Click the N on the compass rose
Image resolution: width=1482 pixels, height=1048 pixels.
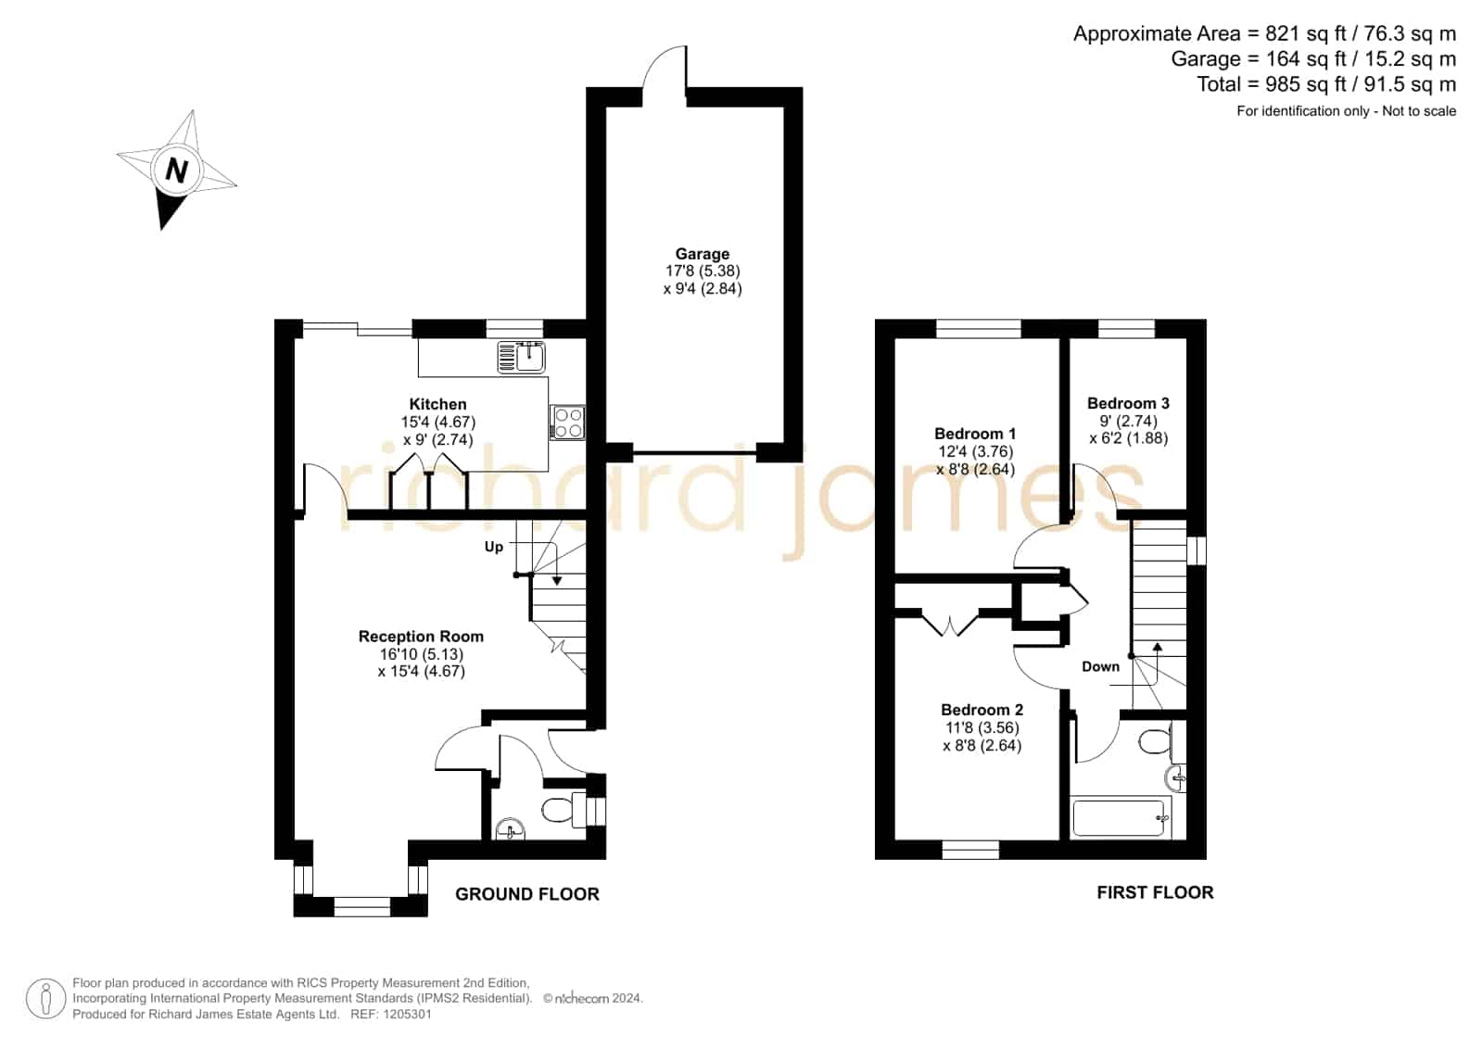pyautogui.click(x=176, y=170)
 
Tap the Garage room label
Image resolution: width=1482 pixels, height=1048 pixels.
pyautogui.click(x=702, y=254)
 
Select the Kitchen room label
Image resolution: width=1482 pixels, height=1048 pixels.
pyautogui.click(x=437, y=404)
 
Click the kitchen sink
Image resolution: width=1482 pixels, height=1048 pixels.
pyautogui.click(x=522, y=358)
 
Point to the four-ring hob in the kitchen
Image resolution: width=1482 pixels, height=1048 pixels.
pyautogui.click(x=567, y=423)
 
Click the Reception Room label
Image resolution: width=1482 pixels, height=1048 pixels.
pyautogui.click(x=421, y=637)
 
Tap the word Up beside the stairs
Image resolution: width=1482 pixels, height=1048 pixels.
pyautogui.click(x=494, y=547)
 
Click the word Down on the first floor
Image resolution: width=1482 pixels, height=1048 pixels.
pyautogui.click(x=1100, y=667)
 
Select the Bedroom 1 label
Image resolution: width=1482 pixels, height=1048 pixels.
pyautogui.click(x=974, y=434)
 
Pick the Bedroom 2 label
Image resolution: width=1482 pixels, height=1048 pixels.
pyautogui.click(x=982, y=710)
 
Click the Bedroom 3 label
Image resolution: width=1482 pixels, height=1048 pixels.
pyautogui.click(x=1128, y=403)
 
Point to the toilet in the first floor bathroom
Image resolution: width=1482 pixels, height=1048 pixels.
pyautogui.click(x=1162, y=741)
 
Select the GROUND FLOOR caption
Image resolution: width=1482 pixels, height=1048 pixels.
pyautogui.click(x=527, y=894)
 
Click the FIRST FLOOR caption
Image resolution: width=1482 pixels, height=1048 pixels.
pyautogui.click(x=1155, y=892)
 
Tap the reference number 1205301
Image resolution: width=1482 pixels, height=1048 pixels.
pyautogui.click(x=408, y=1014)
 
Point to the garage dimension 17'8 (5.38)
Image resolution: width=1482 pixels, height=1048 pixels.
pyautogui.click(x=702, y=271)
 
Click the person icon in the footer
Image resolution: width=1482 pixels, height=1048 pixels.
pyautogui.click(x=45, y=998)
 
